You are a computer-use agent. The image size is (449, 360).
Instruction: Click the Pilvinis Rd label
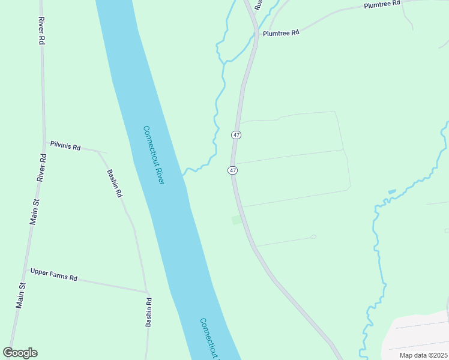click(x=65, y=145)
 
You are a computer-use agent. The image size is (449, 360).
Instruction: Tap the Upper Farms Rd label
click(x=54, y=278)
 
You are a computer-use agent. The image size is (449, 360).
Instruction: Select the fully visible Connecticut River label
click(x=153, y=154)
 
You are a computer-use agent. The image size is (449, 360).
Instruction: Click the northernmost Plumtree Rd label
click(x=382, y=4)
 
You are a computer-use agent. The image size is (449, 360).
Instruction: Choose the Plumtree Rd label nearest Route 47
click(x=281, y=33)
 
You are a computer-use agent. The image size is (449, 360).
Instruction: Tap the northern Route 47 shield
click(x=237, y=135)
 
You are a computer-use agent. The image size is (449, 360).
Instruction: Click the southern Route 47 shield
click(x=232, y=170)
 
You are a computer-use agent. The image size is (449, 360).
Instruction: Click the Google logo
click(x=20, y=353)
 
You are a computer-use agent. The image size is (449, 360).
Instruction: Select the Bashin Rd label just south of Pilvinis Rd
click(x=115, y=184)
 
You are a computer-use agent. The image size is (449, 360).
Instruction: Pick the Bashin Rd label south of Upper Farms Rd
click(x=149, y=313)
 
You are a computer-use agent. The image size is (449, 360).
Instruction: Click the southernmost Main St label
click(x=20, y=295)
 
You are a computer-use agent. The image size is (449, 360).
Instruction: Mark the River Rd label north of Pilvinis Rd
click(x=41, y=29)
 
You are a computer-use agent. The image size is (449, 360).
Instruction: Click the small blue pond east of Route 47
click(x=392, y=191)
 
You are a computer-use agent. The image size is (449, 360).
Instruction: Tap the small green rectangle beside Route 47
click(x=237, y=220)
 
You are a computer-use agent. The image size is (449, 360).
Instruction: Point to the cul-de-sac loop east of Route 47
click(x=313, y=236)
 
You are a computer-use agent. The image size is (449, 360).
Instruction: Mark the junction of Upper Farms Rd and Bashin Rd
click(x=146, y=292)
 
